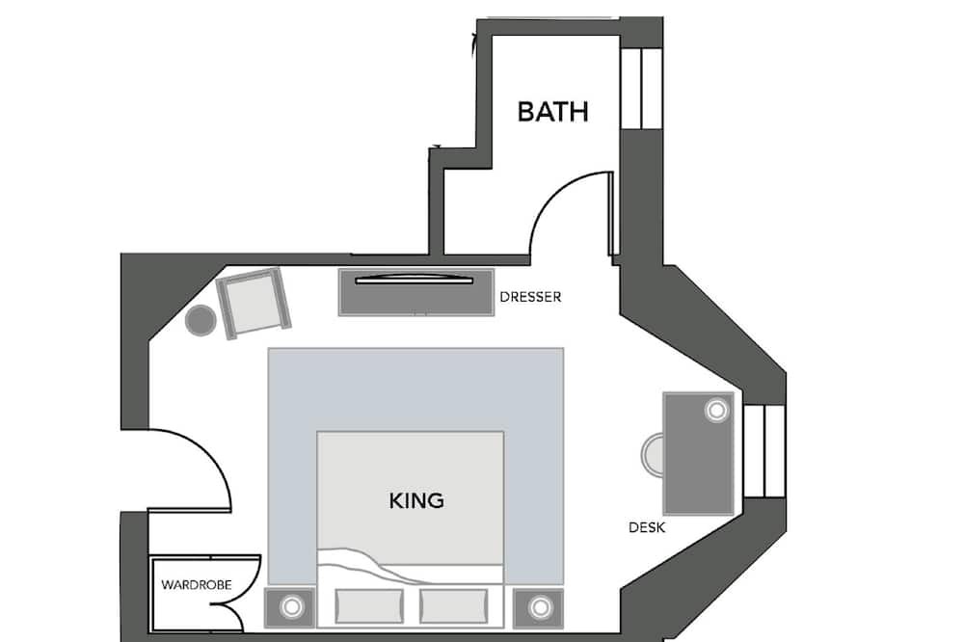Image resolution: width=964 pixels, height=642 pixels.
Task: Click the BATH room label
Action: (x=552, y=112)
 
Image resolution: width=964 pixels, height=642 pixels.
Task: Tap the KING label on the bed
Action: (x=416, y=500)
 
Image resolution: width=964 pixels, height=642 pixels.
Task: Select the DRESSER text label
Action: (x=530, y=297)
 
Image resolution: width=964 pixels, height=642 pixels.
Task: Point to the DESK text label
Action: (x=647, y=527)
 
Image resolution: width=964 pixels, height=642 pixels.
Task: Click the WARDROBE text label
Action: (x=196, y=585)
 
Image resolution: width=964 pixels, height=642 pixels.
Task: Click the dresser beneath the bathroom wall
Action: (x=416, y=293)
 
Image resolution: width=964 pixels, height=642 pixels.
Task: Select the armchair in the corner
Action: (x=254, y=303)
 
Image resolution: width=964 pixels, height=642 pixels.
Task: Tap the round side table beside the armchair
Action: (x=201, y=320)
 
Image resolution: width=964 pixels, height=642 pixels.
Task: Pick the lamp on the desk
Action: (x=717, y=411)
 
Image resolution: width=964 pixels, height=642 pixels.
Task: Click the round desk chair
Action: (x=652, y=454)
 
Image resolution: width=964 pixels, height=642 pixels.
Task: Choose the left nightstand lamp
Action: (x=291, y=607)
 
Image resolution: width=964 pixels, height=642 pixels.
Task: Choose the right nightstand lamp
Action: (x=541, y=607)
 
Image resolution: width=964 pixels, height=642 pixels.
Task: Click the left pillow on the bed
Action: (x=369, y=606)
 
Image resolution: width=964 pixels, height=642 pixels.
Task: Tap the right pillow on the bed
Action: (x=454, y=606)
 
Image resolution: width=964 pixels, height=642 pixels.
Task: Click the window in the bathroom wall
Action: (x=641, y=89)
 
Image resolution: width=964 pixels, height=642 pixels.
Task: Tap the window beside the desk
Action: (x=764, y=451)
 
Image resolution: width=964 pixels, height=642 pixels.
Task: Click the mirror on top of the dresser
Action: (x=415, y=280)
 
